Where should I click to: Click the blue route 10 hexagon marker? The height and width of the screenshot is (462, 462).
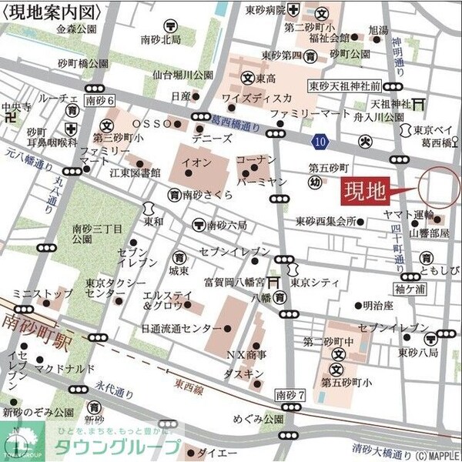pyautogui.click(x=320, y=141)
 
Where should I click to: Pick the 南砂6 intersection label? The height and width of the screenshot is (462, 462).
pyautogui.click(x=99, y=100)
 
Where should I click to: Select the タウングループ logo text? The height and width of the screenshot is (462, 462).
pyautogui.click(x=115, y=447)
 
